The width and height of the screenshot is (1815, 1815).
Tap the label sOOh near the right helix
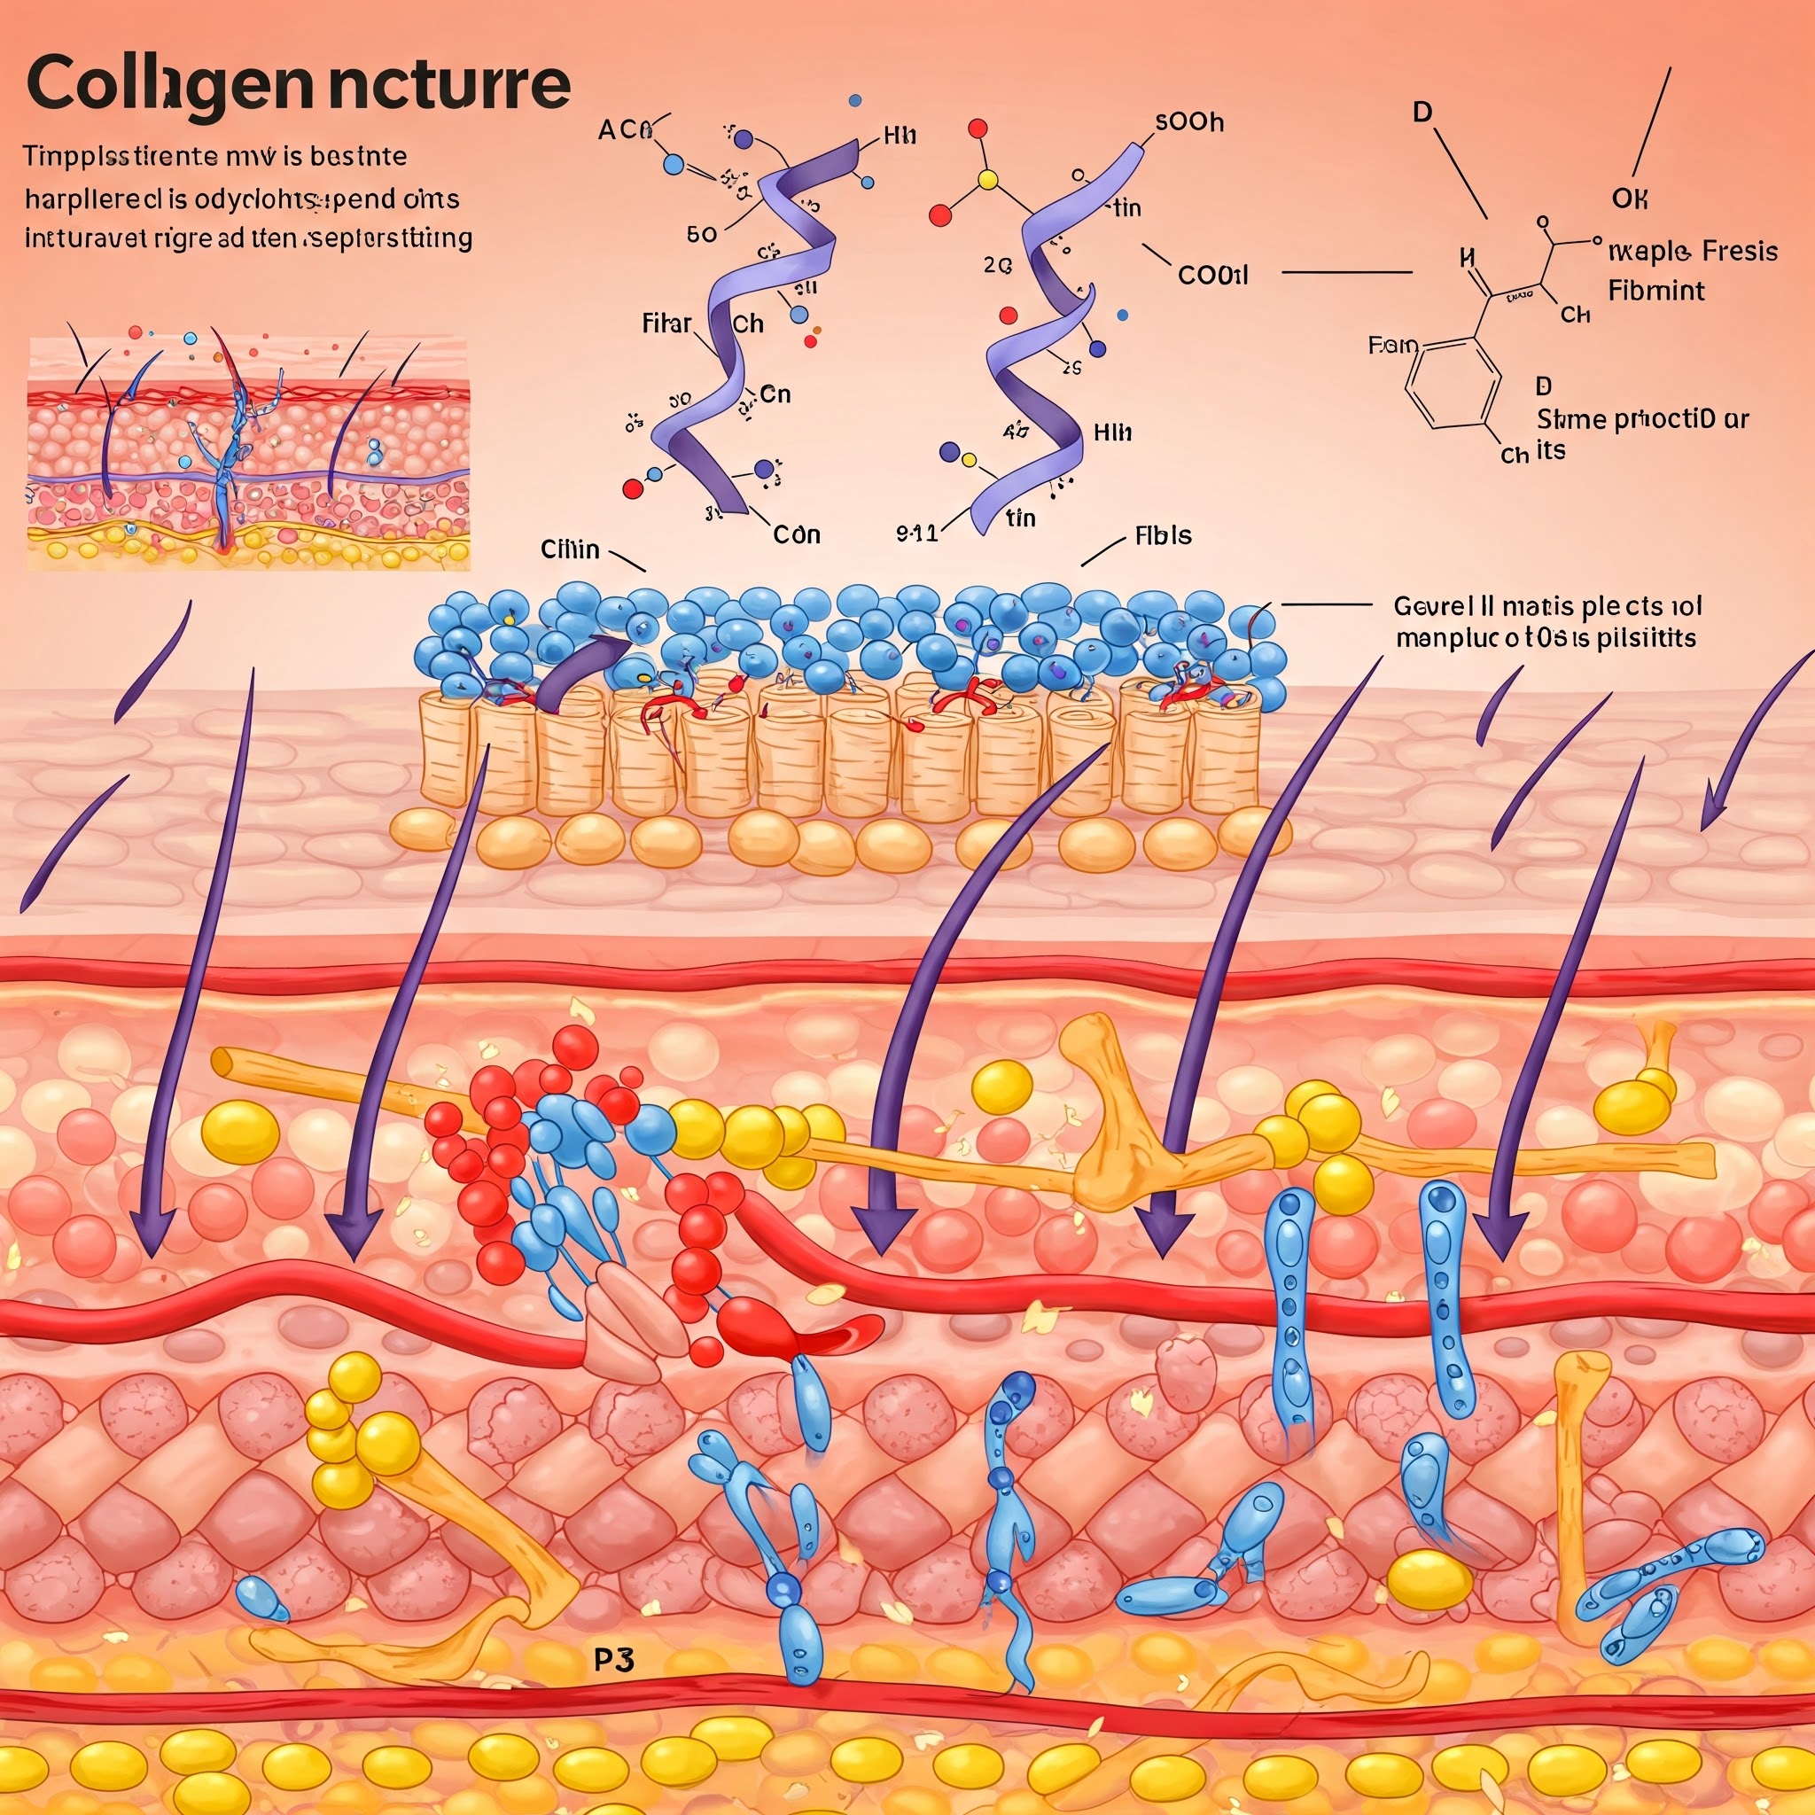click(x=1188, y=122)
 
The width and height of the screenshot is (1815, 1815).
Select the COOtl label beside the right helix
click(x=1213, y=276)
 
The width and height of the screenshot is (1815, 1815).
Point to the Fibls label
click(x=1163, y=535)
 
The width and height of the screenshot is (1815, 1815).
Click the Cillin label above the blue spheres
click(x=569, y=549)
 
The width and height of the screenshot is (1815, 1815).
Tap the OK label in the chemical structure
click(x=1630, y=199)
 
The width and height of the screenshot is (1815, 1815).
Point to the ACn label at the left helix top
click(x=625, y=129)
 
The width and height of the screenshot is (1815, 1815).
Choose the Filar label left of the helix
click(x=666, y=324)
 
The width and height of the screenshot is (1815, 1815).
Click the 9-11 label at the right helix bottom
click(x=917, y=534)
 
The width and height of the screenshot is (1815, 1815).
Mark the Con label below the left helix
click(x=796, y=534)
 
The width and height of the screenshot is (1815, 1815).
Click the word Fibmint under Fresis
click(x=1655, y=291)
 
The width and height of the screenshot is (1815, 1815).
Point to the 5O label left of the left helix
click(x=702, y=235)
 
